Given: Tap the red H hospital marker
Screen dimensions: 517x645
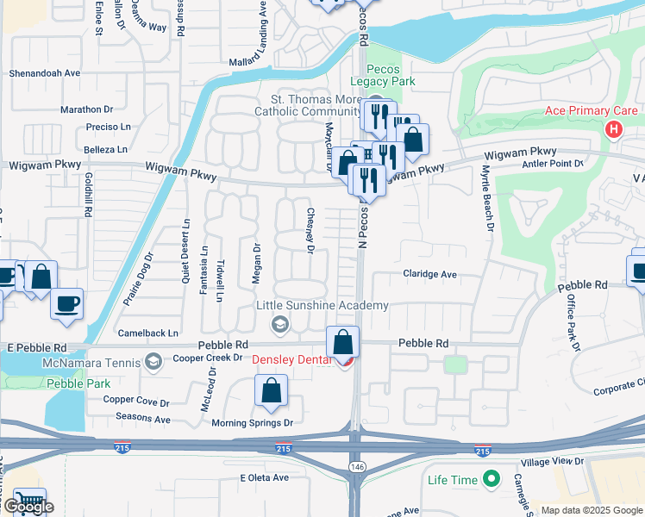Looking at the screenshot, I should pos(613,130).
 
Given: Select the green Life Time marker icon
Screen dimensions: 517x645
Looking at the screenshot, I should pos(492,477).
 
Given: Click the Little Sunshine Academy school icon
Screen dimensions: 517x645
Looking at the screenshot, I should pos(279,324).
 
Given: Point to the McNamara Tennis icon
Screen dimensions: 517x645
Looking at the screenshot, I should pos(153,360).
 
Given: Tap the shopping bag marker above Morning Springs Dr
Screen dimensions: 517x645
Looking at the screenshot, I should pos(272,390).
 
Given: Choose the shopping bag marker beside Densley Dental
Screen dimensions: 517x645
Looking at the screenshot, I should pos(343,341).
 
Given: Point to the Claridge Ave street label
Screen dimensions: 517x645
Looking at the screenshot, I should pos(429,274).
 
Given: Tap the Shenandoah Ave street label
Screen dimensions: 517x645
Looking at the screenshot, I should pos(44,74).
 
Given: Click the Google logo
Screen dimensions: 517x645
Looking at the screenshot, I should pos(28,507).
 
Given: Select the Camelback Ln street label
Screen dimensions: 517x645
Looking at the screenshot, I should pos(149,333).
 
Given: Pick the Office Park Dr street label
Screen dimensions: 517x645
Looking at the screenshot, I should pos(571,320).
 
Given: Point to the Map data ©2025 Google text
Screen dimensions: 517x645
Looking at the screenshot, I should pos(590,510).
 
